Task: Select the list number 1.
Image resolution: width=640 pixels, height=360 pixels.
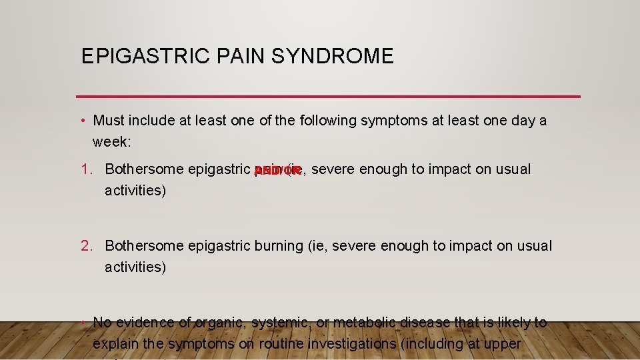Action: click(87, 169)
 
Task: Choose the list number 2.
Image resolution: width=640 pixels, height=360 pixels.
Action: click(87, 246)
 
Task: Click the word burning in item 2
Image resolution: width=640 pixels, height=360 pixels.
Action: click(279, 246)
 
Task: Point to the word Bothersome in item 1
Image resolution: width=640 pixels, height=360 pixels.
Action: click(144, 169)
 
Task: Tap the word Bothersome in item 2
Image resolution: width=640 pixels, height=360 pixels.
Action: click(144, 246)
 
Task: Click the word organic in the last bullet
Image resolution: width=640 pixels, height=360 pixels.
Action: click(219, 323)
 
